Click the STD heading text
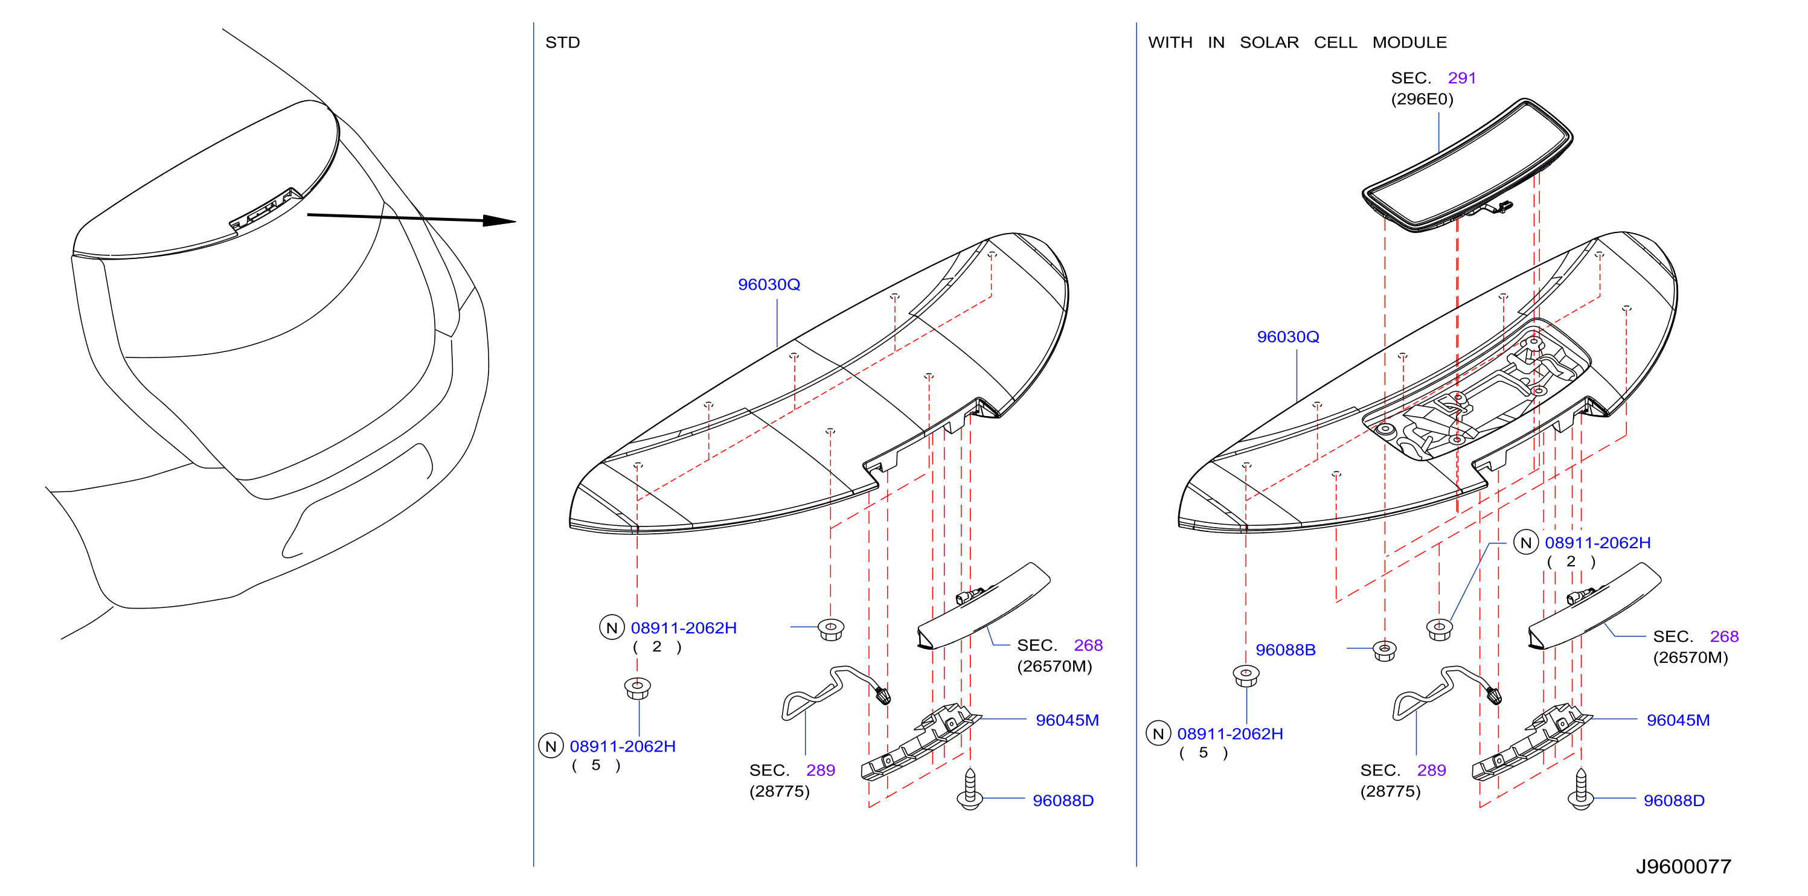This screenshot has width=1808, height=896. [x=562, y=43]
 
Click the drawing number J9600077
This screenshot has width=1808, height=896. [x=1683, y=866]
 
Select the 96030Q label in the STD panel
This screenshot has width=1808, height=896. [x=769, y=285]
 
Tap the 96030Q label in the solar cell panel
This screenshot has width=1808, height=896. [x=1288, y=337]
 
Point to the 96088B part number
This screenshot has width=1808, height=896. [x=1285, y=650]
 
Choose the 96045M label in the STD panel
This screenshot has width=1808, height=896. [x=1067, y=720]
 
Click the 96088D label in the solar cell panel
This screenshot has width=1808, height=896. [x=1674, y=801]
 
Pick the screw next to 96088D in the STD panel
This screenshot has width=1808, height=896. [x=970, y=789]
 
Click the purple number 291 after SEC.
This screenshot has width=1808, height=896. [x=1462, y=78]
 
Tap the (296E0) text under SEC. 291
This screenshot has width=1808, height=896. [x=1422, y=99]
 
